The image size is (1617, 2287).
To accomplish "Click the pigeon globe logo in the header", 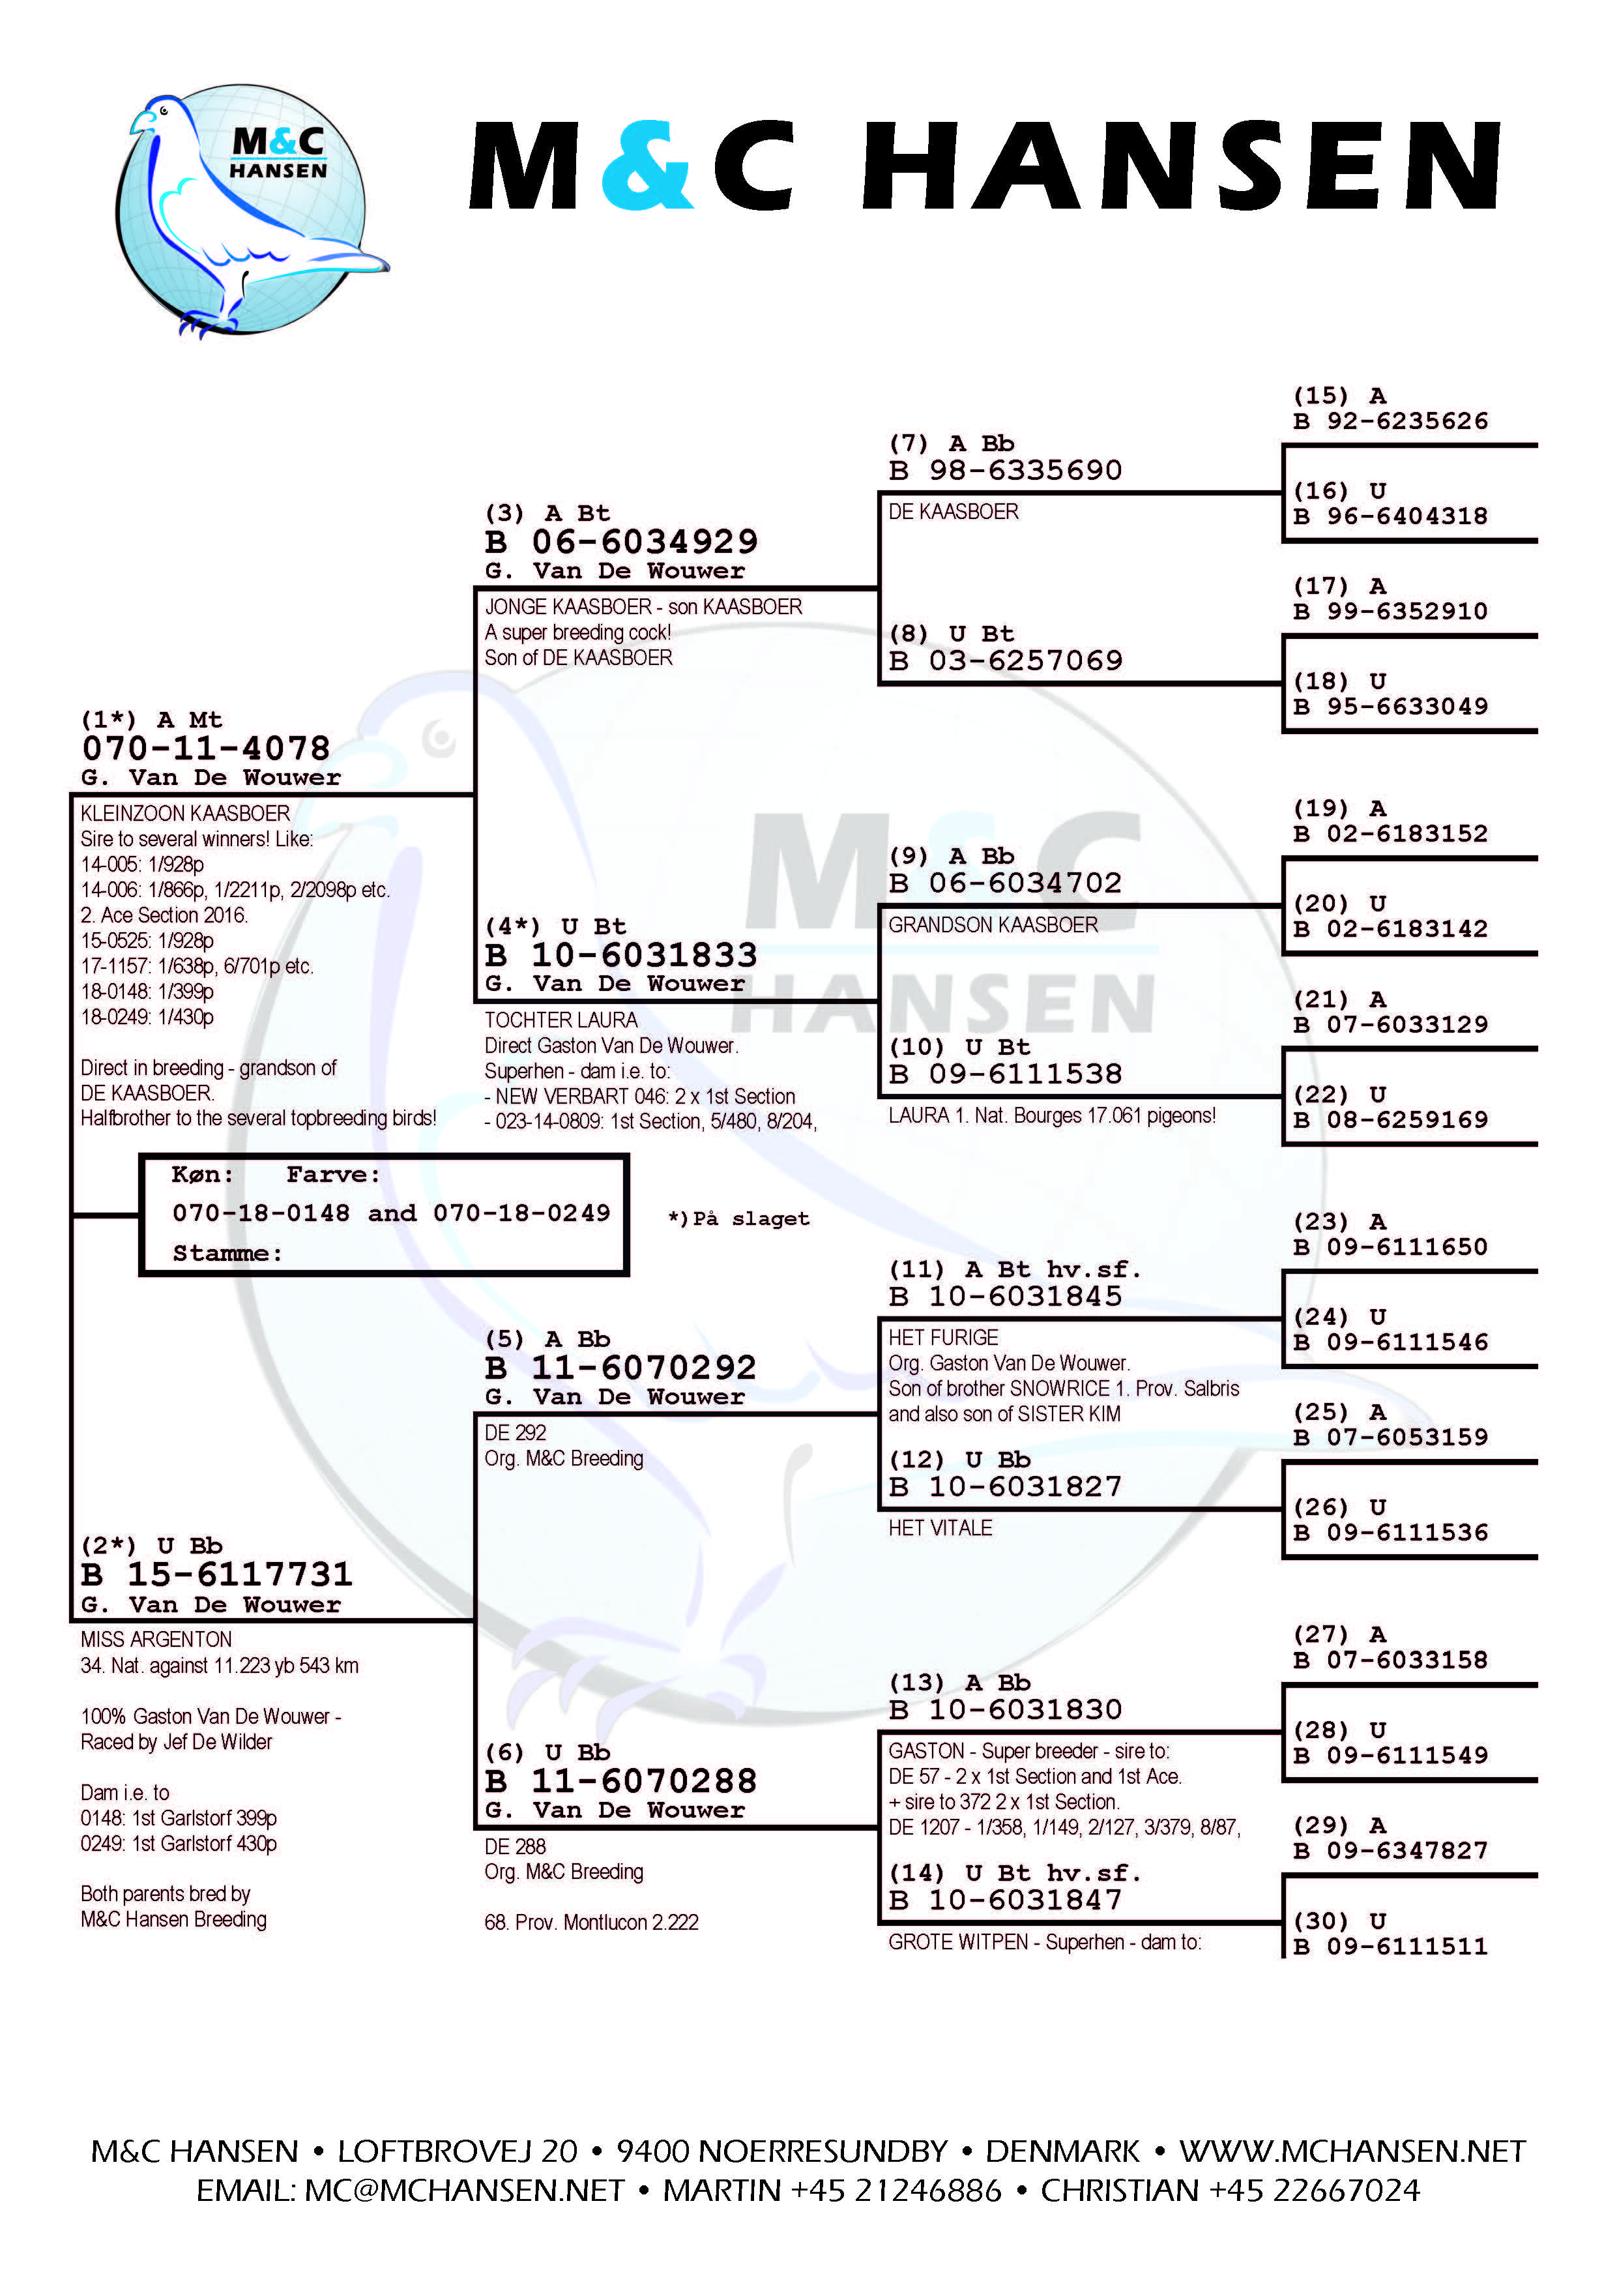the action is [249, 211].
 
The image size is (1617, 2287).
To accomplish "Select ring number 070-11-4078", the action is [206, 748].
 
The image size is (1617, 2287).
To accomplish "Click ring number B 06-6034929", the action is [621, 542].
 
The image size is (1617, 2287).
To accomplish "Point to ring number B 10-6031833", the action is [621, 955].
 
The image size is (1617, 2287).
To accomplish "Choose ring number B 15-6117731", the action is [217, 1575].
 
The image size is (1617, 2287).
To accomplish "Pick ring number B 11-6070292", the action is [621, 1368].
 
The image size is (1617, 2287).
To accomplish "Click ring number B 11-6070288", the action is [621, 1781].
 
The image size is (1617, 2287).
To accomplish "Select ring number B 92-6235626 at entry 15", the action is [1391, 421].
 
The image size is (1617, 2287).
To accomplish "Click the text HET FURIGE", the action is [943, 1338].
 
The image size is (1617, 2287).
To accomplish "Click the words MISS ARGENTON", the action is [156, 1640].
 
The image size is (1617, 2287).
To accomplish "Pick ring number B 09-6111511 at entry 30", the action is [1391, 1946].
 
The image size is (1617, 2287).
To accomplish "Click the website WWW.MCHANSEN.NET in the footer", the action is [1352, 2151].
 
